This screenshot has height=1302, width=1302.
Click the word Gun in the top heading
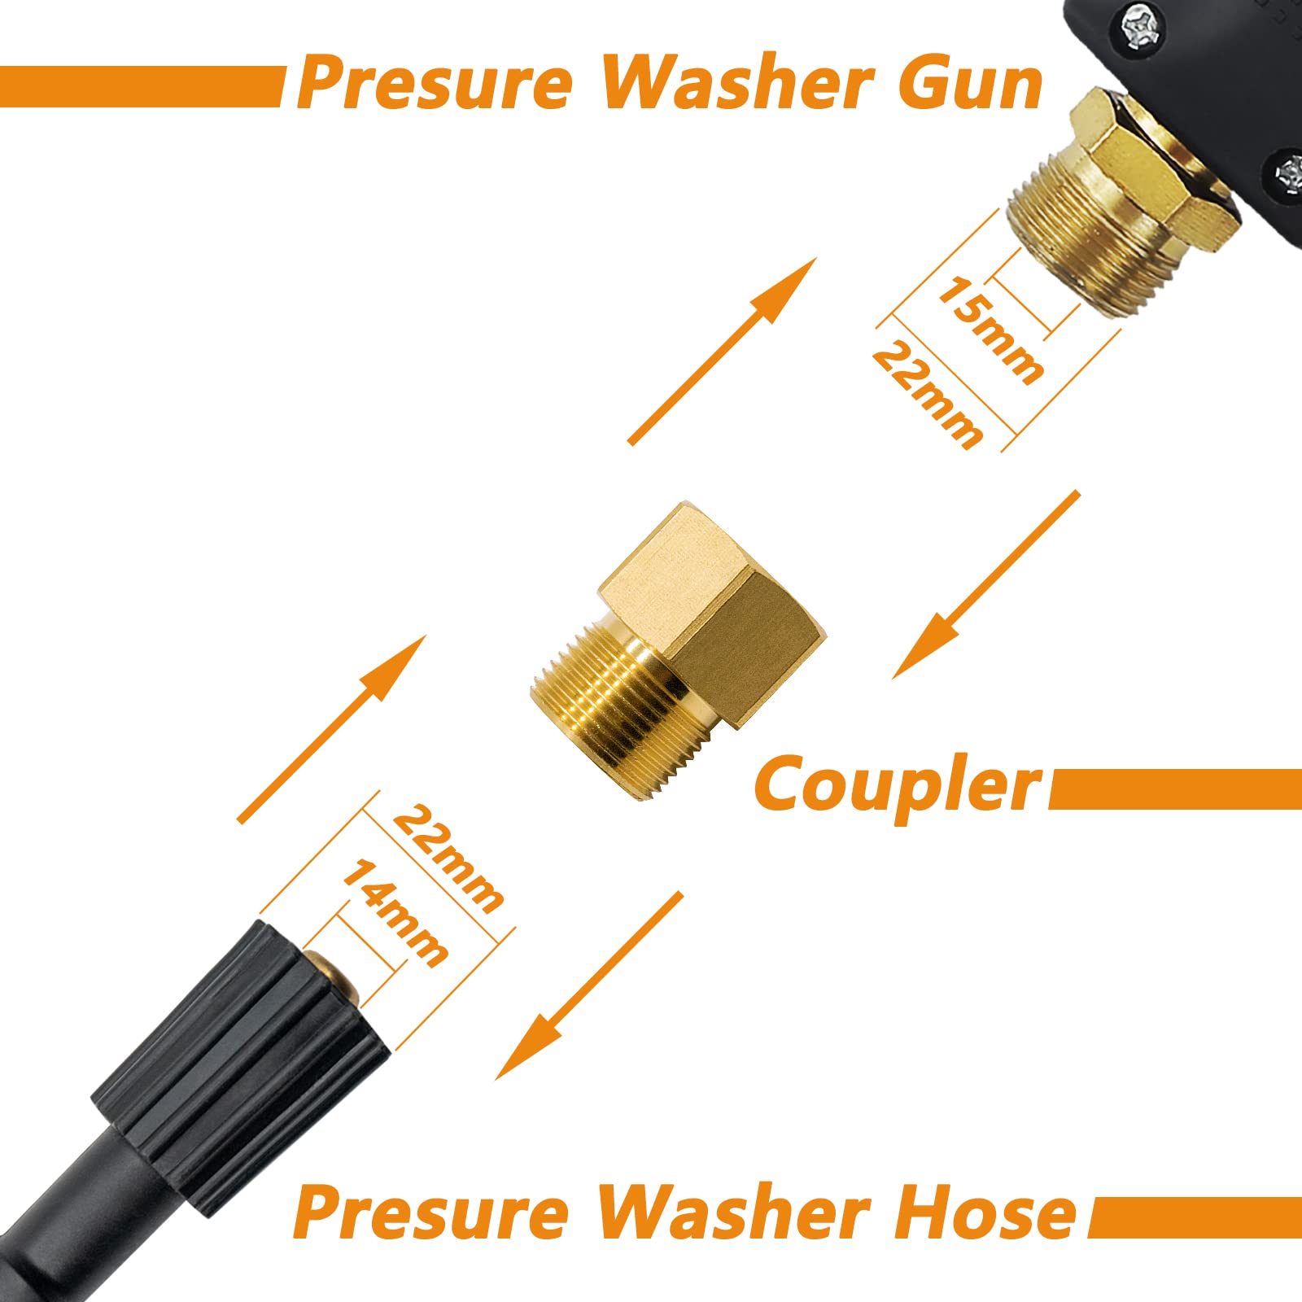[971, 84]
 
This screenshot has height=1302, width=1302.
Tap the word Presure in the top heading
[435, 82]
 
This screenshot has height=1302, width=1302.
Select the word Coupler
[898, 786]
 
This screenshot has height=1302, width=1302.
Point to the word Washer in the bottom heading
[732, 1212]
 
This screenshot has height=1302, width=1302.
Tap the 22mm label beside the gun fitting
[927, 395]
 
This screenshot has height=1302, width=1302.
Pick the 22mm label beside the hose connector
[448, 859]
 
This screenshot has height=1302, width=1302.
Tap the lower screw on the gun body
[1291, 176]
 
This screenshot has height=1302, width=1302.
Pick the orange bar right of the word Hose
[1195, 1217]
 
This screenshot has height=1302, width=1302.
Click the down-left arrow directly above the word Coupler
[986, 584]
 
